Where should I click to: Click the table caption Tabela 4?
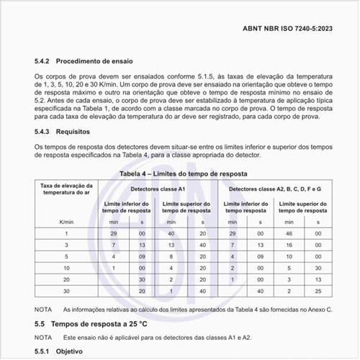[180, 174]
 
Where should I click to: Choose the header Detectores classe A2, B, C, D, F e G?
[275, 189]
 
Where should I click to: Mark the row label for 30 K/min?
[66, 290]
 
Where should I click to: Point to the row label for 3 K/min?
[66, 246]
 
